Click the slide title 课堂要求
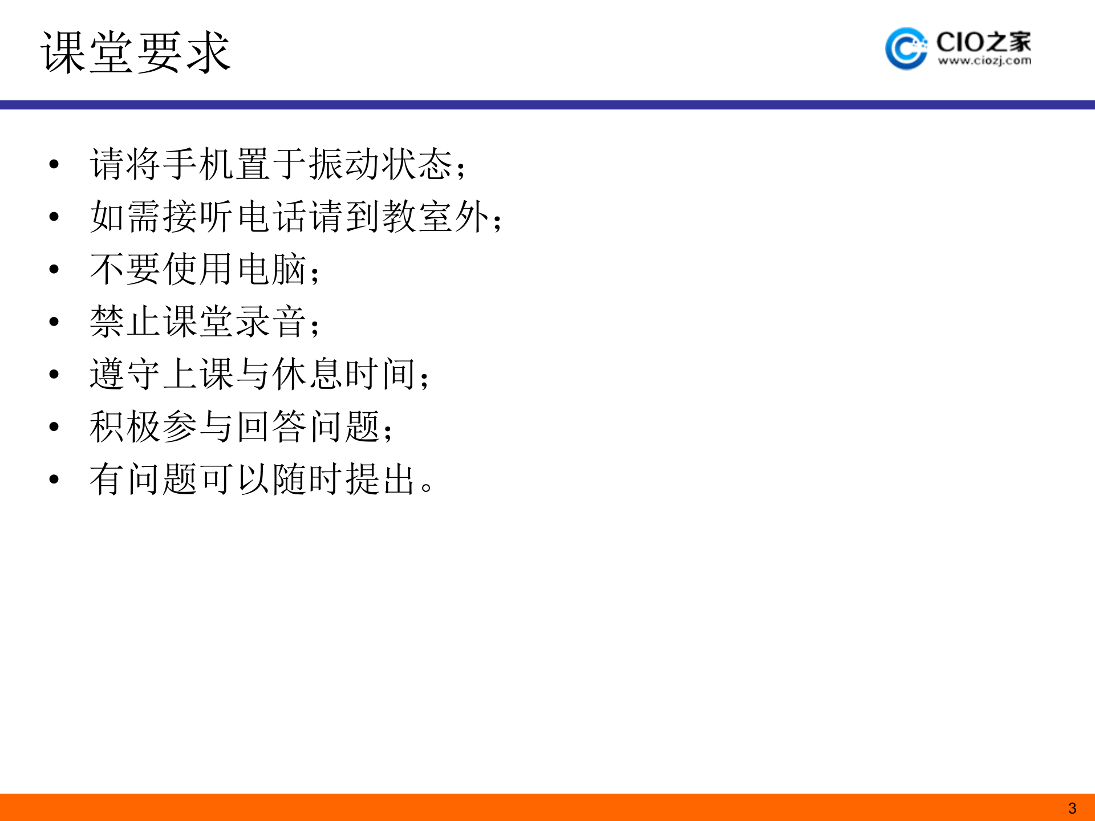pos(136,52)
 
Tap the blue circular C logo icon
pos(906,48)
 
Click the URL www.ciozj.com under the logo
pos(984,61)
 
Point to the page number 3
pos(1072,808)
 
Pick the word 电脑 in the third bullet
pos(273,269)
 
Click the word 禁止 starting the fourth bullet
pos(126,322)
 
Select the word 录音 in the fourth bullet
pos(273,322)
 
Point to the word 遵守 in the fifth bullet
pos(126,374)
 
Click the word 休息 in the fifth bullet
pos(309,374)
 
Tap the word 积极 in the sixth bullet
pos(126,426)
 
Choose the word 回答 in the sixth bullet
pos(273,426)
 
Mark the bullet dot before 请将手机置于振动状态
pos(54,165)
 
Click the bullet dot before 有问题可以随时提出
pos(54,479)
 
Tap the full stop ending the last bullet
pos(427,488)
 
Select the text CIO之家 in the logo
pos(984,42)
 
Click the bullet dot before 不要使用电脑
pos(54,270)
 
